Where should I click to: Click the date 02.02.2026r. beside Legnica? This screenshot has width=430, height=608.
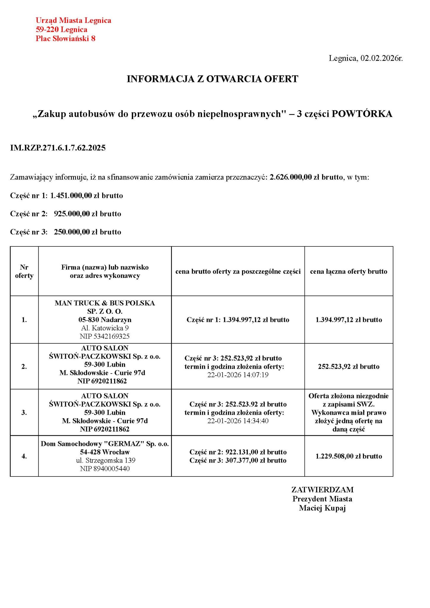(x=382, y=58)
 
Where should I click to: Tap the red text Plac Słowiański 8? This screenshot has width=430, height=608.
(x=65, y=39)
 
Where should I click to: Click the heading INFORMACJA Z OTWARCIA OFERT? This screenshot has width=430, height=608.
(x=212, y=79)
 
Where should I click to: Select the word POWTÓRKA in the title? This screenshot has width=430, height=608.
(x=362, y=114)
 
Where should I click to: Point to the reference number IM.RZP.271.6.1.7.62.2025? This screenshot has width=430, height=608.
(x=58, y=148)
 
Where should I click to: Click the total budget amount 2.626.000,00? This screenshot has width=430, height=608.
(x=291, y=178)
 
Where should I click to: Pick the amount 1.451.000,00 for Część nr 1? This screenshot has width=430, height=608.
(x=71, y=196)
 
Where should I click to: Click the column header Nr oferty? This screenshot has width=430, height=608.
(x=24, y=271)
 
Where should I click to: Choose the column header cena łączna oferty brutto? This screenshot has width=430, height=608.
(x=349, y=271)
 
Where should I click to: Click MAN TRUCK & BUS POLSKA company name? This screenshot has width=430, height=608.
(x=105, y=303)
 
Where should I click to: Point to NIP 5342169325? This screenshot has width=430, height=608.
(x=105, y=336)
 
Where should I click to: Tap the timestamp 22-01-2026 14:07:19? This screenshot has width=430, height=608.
(x=238, y=375)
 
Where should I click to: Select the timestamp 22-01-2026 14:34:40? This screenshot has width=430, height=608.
(x=238, y=421)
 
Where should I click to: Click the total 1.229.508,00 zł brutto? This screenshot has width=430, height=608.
(x=349, y=456)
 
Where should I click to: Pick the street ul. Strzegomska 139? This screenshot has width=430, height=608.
(x=105, y=460)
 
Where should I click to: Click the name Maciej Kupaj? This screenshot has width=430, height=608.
(x=322, y=508)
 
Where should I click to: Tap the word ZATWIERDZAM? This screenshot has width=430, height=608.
(x=322, y=490)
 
